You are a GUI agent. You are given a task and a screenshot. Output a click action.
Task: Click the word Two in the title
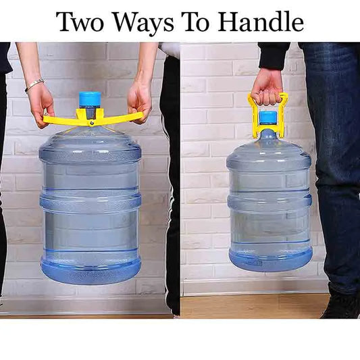tap(79, 22)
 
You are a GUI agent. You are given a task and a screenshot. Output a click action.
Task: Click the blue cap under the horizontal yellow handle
tap(90, 99)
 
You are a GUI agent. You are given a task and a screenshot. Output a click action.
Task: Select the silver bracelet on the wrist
tap(34, 84)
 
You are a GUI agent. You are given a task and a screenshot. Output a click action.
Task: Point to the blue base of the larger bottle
tap(90, 270)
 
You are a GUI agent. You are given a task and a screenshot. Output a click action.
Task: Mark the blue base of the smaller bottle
tap(270, 259)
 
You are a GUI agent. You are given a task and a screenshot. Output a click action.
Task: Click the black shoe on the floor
tap(341, 305)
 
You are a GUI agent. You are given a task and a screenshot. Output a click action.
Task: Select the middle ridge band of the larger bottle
tap(90, 201)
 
